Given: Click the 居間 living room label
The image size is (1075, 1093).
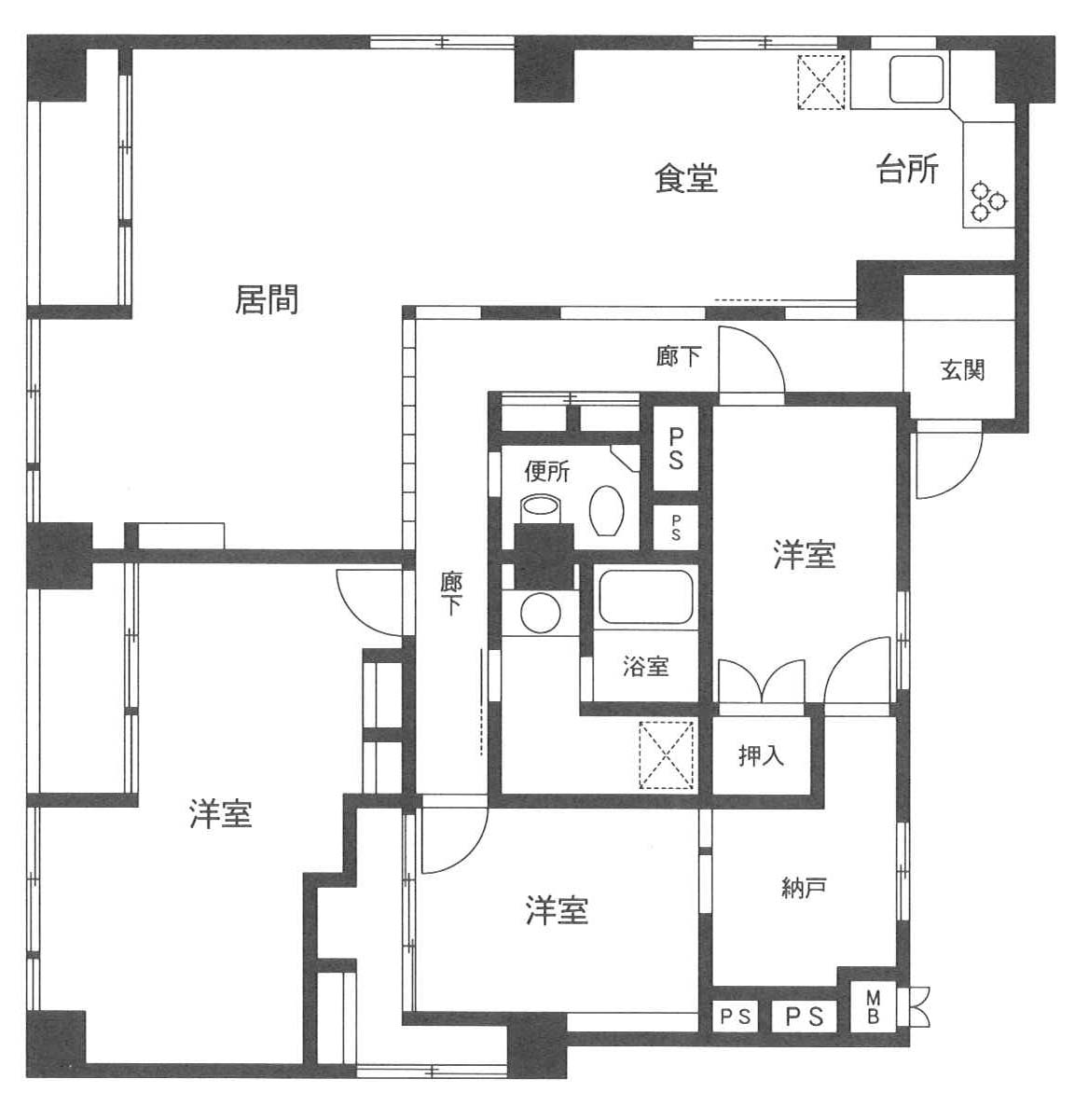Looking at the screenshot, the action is [x=266, y=299].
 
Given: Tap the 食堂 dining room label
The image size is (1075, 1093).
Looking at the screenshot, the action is [x=686, y=178].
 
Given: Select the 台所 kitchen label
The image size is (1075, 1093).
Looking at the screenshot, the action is [x=907, y=169].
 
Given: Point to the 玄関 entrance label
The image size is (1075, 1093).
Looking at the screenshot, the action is [x=963, y=369].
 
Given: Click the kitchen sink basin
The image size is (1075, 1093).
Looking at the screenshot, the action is [x=917, y=78].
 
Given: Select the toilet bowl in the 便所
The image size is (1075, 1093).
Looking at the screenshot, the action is [x=606, y=510].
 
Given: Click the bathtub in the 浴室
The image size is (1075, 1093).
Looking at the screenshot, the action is [x=646, y=598].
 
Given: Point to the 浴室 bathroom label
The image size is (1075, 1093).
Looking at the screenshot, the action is [x=646, y=667].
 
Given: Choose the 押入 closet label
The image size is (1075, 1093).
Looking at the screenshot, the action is [x=761, y=754].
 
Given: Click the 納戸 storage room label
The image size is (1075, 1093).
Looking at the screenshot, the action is [x=804, y=888].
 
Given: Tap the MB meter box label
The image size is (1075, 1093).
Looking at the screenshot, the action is [x=873, y=1009].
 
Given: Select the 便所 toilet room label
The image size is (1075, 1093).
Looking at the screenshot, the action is [x=547, y=472].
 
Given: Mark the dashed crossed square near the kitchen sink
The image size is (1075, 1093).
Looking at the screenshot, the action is [x=821, y=82].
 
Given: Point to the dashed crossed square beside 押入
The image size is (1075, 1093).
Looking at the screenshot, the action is [x=667, y=755].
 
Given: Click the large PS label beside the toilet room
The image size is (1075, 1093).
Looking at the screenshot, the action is [x=676, y=449].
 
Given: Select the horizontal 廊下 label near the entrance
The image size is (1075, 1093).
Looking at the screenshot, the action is [x=679, y=356].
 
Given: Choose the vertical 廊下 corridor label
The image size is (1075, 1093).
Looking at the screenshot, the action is [x=450, y=594].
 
